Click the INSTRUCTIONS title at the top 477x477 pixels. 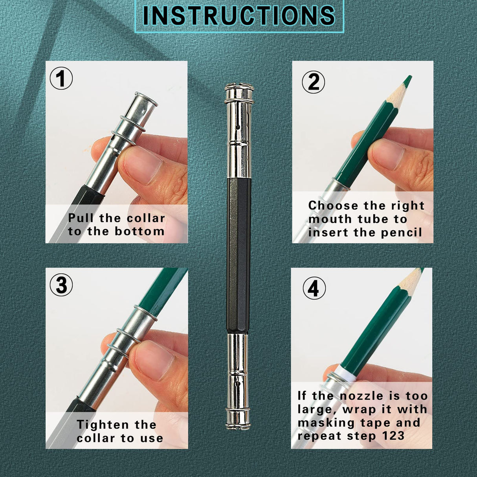point(239,15)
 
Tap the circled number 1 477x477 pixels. point(61,78)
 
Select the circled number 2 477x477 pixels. point(313,82)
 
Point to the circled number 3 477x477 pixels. point(61,285)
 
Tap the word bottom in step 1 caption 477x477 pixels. point(139,231)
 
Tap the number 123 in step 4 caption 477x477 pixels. point(393,436)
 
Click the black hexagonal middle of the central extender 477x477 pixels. point(238,255)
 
